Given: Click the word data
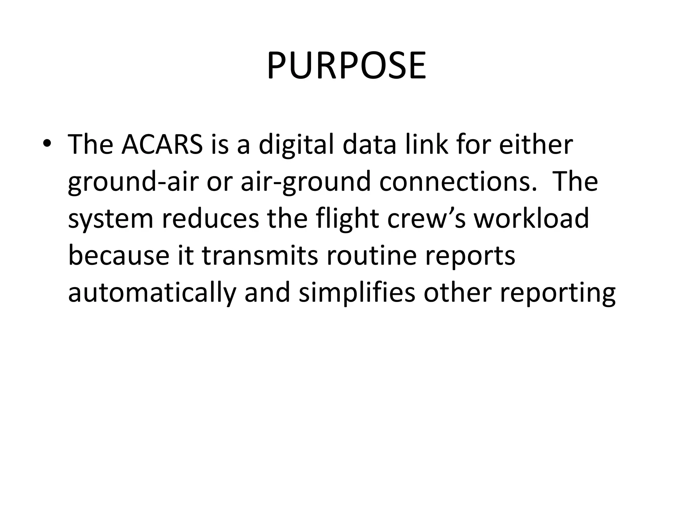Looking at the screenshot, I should [369, 145].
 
